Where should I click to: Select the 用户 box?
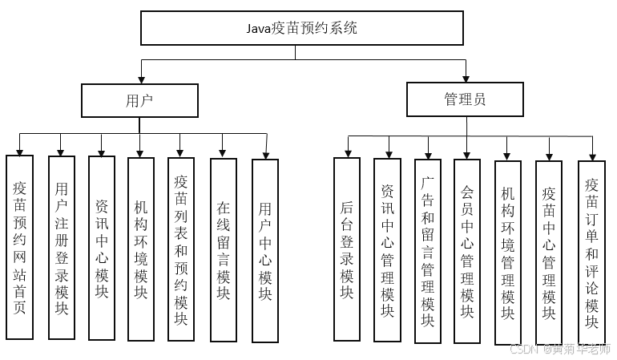[139, 100]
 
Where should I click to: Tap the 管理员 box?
[465, 100]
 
